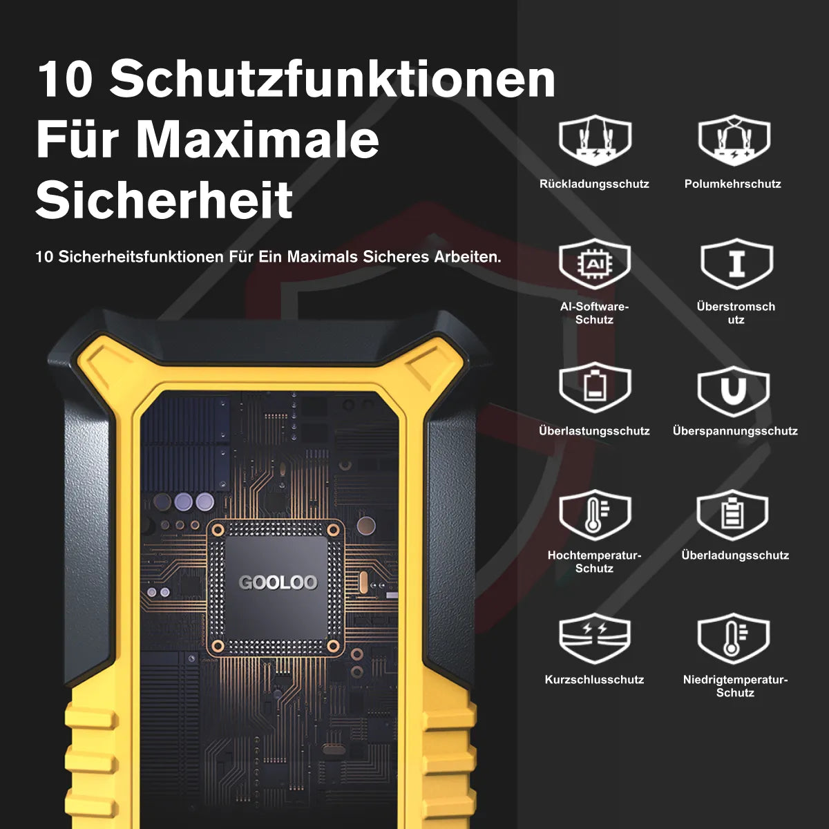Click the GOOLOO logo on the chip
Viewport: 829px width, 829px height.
(278, 582)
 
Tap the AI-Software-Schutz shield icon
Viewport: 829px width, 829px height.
(595, 263)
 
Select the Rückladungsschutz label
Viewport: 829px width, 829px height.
(594, 184)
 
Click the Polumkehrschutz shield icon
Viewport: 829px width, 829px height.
(734, 140)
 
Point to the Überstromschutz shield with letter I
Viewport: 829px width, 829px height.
(736, 263)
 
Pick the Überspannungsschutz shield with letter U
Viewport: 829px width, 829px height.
(733, 391)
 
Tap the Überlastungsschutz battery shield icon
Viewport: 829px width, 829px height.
(595, 387)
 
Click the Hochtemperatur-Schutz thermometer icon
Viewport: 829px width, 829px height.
(595, 515)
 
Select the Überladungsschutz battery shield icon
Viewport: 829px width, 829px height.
(732, 515)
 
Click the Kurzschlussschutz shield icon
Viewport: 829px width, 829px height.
(595, 638)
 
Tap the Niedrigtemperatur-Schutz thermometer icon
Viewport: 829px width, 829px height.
(733, 638)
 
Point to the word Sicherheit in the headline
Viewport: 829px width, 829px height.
(164, 200)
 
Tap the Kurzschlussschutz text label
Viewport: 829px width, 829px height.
(594, 680)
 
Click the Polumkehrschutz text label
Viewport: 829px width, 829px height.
(733, 184)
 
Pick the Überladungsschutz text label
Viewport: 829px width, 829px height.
(735, 555)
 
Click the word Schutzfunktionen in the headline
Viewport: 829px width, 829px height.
(332, 80)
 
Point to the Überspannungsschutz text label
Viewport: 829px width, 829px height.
(735, 431)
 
